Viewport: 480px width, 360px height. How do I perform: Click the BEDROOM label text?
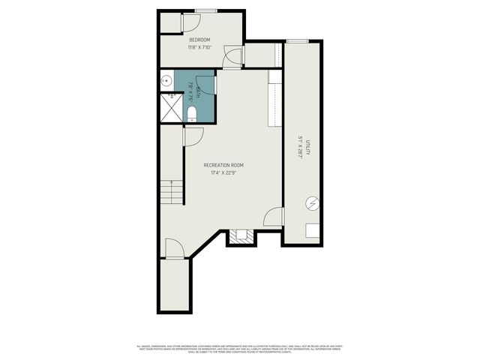point(199,40)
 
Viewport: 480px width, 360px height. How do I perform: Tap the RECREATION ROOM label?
point(223,165)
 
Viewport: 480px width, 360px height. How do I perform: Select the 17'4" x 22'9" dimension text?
point(223,173)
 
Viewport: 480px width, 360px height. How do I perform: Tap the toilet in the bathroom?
point(192,114)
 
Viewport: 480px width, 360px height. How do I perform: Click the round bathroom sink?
point(166,79)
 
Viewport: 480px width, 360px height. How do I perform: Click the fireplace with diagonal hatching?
point(241,238)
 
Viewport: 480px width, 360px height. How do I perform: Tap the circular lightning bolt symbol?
point(312,202)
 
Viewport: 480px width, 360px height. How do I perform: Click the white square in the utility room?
point(312,232)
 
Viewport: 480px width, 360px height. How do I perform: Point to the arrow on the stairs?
point(172,191)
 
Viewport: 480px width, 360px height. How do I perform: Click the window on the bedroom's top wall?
point(205,10)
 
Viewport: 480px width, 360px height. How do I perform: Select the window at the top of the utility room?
point(297,40)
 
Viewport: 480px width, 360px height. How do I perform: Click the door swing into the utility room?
point(274,217)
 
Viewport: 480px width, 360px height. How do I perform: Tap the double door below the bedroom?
point(232,58)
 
